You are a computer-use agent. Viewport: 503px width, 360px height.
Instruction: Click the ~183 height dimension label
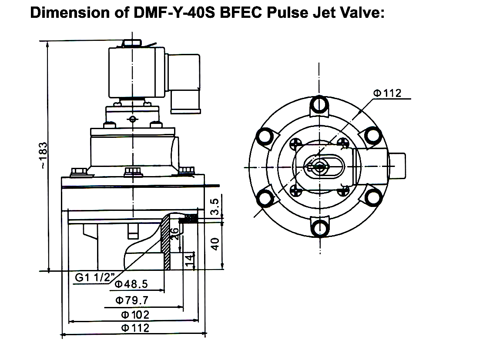coord(42,155)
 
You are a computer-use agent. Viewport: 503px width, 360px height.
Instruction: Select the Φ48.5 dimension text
coord(132,284)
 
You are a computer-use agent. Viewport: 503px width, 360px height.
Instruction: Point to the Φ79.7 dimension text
coord(132,300)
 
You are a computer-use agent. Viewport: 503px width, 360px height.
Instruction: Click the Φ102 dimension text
coord(135,314)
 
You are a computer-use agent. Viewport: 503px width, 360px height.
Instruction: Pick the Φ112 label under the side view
coord(135,328)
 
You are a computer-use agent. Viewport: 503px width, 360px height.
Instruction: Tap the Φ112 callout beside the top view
coord(387,93)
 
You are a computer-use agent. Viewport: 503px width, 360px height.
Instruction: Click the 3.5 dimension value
coord(214,206)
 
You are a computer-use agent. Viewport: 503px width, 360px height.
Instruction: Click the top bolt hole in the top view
coord(320,103)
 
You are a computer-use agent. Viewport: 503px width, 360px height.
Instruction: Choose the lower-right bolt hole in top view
coord(373,199)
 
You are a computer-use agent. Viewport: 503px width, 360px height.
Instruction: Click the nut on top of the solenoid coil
coord(131,43)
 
